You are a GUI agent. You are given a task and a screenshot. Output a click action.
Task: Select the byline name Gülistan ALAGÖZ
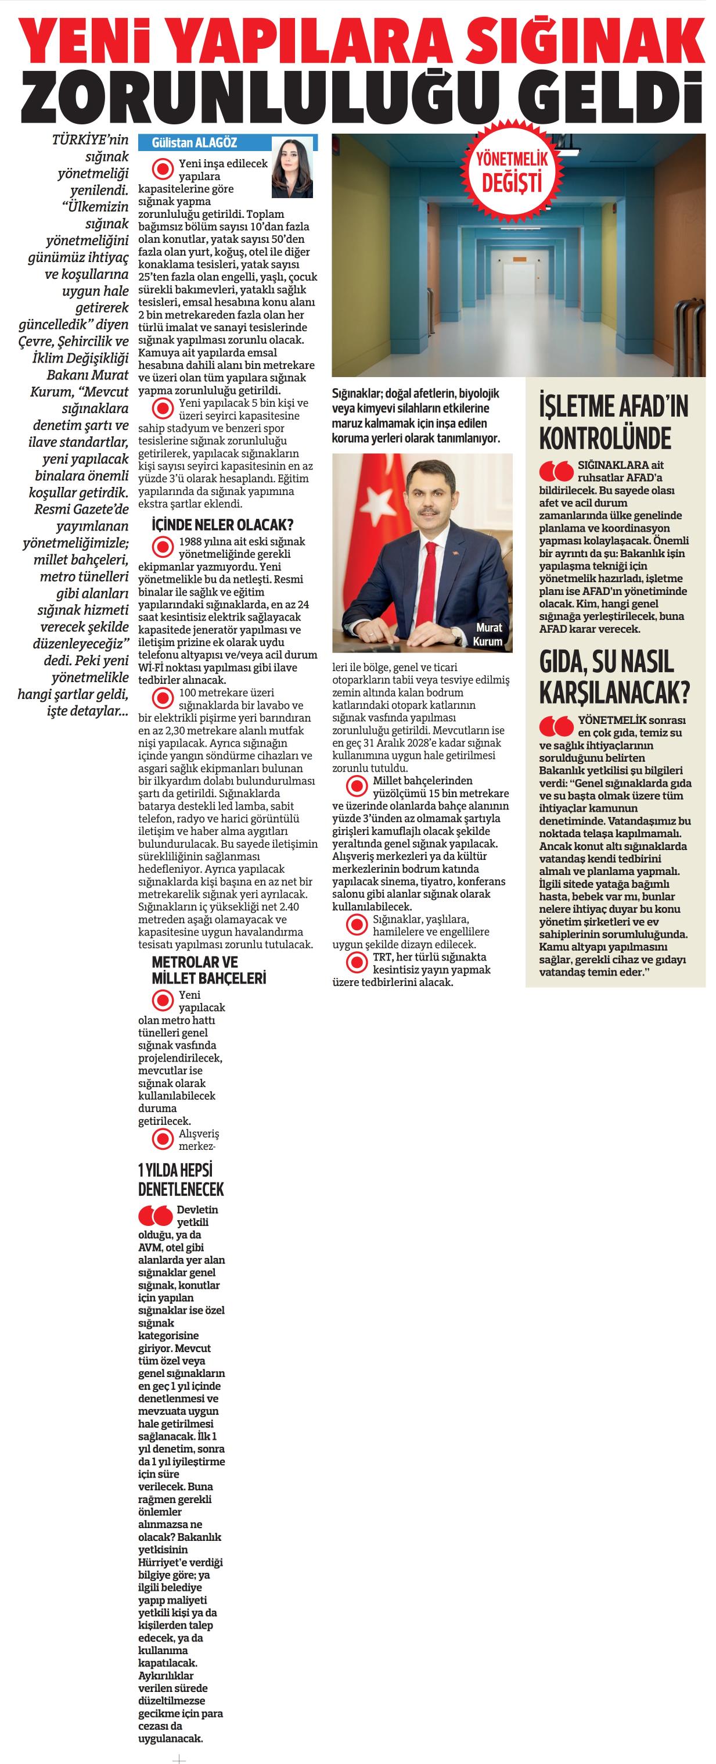coord(195,142)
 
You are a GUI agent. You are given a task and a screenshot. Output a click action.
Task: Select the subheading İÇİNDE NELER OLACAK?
coord(222,525)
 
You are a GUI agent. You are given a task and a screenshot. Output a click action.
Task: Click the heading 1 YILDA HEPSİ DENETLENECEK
coord(181,1180)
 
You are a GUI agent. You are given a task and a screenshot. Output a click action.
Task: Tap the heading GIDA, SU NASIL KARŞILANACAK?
coord(614,677)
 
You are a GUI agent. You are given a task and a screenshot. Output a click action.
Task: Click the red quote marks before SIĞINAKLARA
coord(555,471)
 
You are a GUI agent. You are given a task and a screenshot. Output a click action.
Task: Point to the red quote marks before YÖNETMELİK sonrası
coord(555,726)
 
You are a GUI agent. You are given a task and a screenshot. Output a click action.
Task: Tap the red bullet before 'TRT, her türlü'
coord(357,963)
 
